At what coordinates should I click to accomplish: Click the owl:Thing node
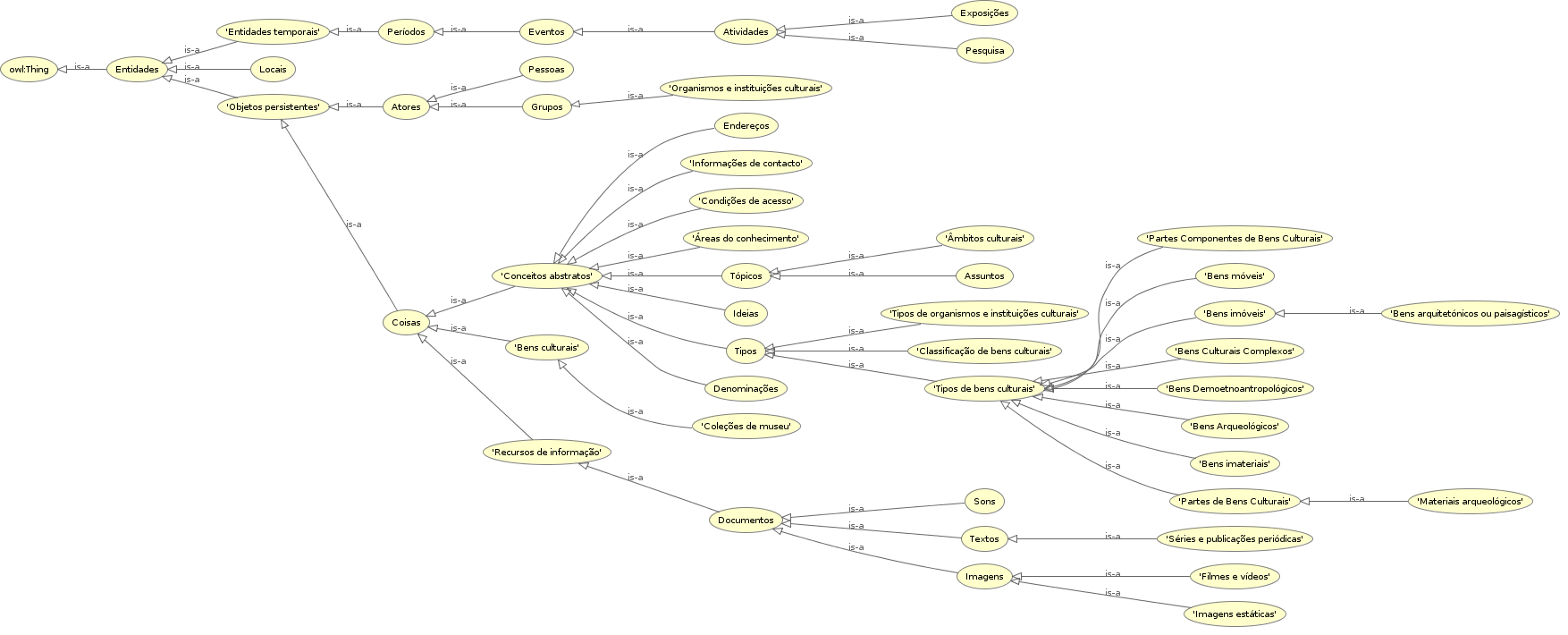point(30,70)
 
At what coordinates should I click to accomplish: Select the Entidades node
point(137,70)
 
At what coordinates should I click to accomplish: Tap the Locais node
point(273,70)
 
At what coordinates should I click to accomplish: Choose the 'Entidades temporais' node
point(273,32)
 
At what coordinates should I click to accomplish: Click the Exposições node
point(984,13)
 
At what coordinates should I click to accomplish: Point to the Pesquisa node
point(984,51)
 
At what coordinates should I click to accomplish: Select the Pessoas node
point(546,69)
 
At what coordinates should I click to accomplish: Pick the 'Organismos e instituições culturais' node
point(746,89)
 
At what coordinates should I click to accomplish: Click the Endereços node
point(746,126)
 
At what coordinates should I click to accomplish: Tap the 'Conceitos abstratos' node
point(546,275)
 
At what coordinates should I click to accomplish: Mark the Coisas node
point(406,323)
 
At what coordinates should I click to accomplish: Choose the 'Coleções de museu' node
point(746,427)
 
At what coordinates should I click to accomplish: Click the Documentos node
point(746,521)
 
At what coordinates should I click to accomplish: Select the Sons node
point(984,502)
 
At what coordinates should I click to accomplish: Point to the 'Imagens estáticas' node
point(1235,614)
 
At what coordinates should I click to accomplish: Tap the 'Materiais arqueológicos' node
point(1470,502)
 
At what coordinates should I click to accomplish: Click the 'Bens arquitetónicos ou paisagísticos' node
point(1470,314)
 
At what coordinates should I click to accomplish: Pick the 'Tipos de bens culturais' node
point(984,389)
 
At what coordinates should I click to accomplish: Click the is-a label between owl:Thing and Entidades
point(81,66)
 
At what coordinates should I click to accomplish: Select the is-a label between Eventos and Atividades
point(636,29)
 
